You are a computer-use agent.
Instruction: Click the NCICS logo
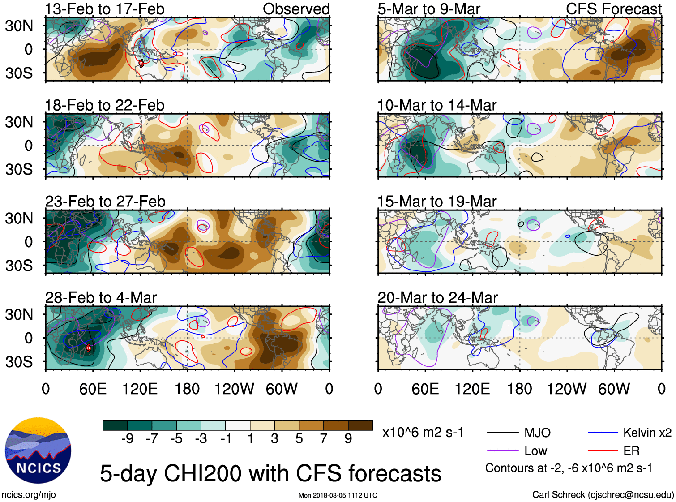[x=38, y=451]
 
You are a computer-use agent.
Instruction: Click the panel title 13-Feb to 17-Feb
[x=104, y=9]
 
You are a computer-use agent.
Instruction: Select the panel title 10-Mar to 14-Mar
[x=436, y=105]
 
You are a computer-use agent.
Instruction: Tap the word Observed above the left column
[x=296, y=9]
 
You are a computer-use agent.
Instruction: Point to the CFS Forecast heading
[x=613, y=9]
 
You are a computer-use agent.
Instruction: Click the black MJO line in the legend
[x=503, y=433]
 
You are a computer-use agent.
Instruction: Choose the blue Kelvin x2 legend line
[x=603, y=433]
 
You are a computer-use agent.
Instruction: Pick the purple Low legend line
[x=503, y=451]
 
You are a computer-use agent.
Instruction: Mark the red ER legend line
[x=603, y=451]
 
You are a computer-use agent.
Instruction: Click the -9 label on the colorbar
[x=127, y=439]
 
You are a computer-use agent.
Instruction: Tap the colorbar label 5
[x=299, y=439]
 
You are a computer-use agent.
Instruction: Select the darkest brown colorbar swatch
[x=360, y=425]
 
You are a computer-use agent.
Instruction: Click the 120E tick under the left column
[x=140, y=389]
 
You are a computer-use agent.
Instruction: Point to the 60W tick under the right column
[x=614, y=389]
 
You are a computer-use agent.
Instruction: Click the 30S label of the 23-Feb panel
[x=19, y=266]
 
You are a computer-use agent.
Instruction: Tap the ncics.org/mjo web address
[x=29, y=494]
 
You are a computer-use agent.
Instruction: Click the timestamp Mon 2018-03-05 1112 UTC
[x=338, y=495]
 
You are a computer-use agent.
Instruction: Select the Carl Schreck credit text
[x=603, y=494]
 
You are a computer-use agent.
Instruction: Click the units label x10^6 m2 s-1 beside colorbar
[x=423, y=433]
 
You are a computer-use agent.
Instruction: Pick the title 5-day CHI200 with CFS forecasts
[x=270, y=473]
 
